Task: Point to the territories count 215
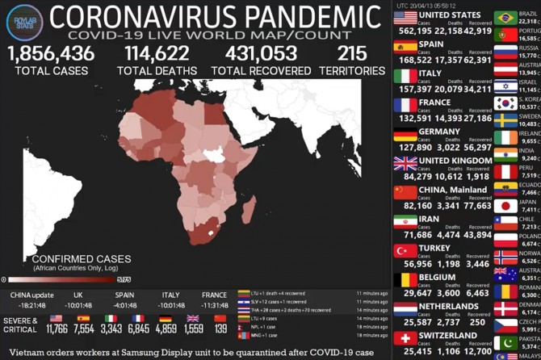pos(351,54)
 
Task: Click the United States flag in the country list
pos(405,18)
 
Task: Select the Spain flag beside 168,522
pos(405,47)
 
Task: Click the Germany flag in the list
pos(405,134)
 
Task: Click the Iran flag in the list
pos(405,222)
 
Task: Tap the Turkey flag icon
pos(405,251)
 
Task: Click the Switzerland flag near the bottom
pos(405,338)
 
